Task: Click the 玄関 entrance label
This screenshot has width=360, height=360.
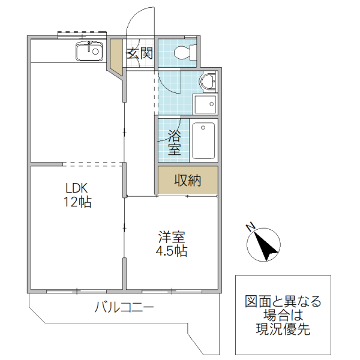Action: [139, 53]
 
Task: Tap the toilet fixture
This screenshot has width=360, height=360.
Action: [184, 53]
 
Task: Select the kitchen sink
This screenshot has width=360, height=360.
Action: [89, 52]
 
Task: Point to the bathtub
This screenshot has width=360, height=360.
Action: [204, 140]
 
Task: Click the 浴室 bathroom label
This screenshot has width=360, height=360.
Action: [174, 142]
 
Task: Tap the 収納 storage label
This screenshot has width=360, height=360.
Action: [187, 180]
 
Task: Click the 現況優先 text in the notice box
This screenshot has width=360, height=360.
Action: [283, 329]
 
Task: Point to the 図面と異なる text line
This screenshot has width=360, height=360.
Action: [283, 302]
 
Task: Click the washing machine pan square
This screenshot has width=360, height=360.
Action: [205, 105]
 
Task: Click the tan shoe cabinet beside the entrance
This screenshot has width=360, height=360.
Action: [115, 57]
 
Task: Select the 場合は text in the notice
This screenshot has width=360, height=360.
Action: [283, 316]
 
